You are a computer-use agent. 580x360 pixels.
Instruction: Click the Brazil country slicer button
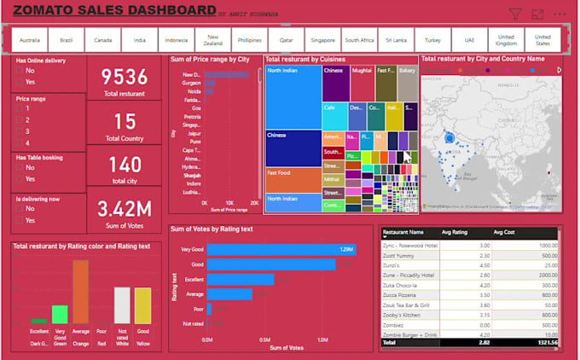click(66, 39)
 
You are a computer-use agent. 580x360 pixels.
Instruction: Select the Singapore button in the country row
click(322, 39)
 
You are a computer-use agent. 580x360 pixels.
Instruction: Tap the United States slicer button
click(542, 39)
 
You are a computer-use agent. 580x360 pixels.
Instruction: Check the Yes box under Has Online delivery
click(20, 83)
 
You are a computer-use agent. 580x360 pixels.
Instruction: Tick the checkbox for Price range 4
click(20, 142)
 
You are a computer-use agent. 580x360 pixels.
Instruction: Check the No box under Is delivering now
click(20, 208)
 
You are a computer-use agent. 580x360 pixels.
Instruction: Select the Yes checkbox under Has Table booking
click(20, 179)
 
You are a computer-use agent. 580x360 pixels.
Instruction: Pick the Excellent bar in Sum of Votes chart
click(241, 279)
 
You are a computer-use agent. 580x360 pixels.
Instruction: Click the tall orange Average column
click(80, 292)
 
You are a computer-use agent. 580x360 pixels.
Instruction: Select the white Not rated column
click(122, 305)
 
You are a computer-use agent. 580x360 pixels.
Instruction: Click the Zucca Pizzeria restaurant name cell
click(403, 294)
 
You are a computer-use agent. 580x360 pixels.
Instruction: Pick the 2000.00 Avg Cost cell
click(543, 275)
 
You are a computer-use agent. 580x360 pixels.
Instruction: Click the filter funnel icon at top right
click(515, 14)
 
